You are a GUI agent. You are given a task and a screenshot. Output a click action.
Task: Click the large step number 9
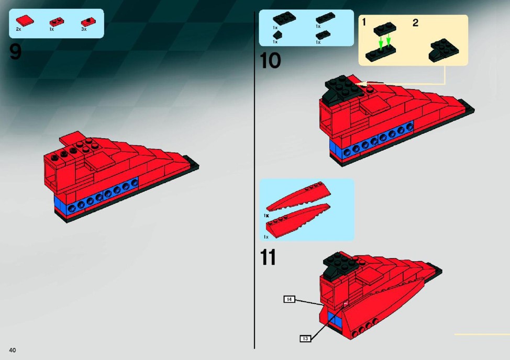[15, 52]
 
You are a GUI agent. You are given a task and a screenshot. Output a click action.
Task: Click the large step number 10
[270, 61]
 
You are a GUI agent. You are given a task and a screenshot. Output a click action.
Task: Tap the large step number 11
[268, 257]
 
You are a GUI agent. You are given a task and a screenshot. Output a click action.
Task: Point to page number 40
[13, 350]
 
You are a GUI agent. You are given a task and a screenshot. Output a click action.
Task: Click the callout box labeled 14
[289, 299]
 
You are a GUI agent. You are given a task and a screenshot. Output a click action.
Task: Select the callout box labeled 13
[305, 339]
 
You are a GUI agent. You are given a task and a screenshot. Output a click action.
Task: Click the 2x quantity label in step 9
[18, 29]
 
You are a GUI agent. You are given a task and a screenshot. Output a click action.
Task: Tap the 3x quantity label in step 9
[84, 29]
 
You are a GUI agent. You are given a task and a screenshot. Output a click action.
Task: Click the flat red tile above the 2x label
[25, 21]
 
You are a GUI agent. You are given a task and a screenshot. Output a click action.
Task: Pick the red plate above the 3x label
[88, 22]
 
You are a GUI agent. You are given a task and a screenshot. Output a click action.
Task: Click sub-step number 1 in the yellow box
[364, 22]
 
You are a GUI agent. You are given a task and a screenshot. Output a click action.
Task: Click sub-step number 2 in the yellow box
[415, 22]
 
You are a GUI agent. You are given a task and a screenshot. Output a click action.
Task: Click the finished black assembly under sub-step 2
[444, 50]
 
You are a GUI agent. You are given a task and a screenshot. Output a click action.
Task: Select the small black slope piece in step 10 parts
[277, 35]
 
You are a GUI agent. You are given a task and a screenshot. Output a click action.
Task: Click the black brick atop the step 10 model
[344, 87]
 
